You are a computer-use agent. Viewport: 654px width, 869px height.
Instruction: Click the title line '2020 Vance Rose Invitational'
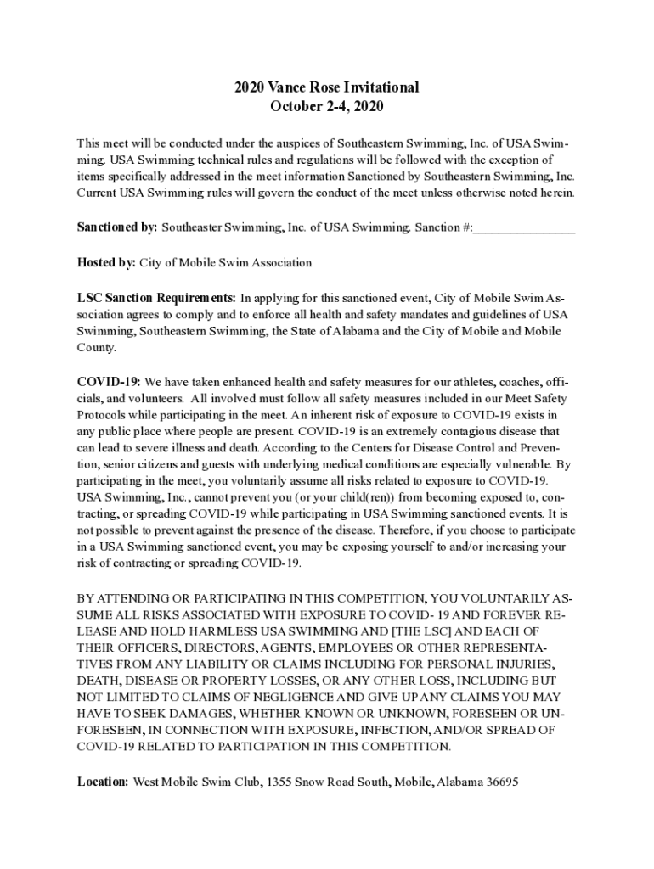coord(327,87)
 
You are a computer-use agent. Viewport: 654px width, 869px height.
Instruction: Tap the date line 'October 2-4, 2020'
coord(327,107)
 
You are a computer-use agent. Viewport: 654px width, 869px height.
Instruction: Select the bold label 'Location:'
coord(103,782)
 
